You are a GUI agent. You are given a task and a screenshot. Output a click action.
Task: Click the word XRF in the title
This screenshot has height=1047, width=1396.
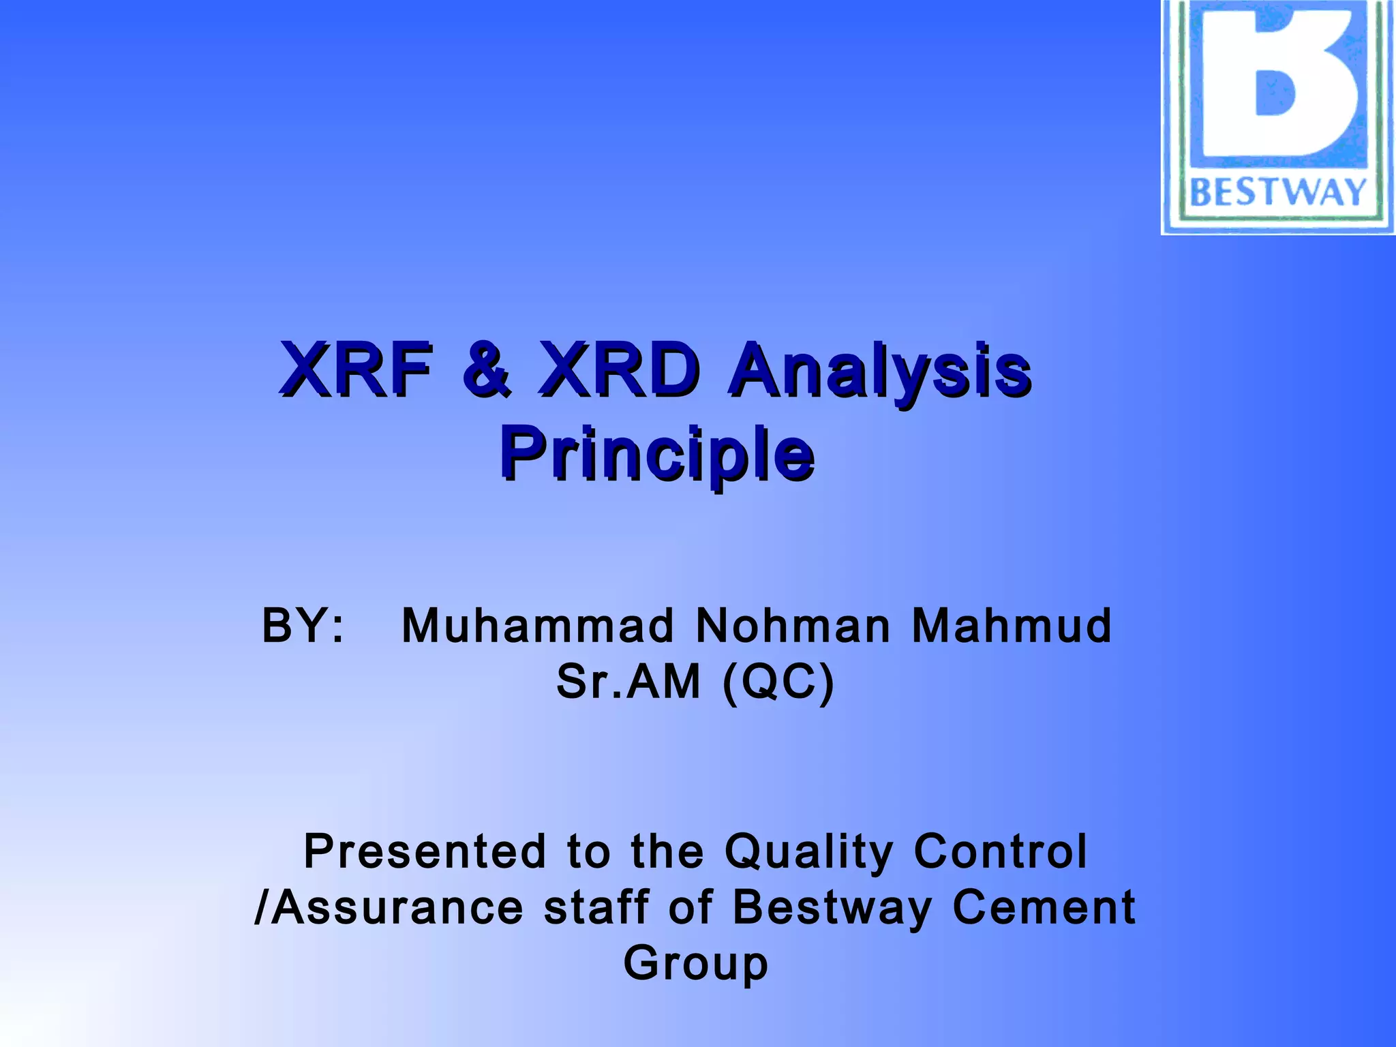356,370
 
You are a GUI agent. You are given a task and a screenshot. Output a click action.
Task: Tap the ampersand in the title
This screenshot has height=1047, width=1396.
486,370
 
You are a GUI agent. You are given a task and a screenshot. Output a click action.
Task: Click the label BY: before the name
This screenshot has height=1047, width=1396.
303,626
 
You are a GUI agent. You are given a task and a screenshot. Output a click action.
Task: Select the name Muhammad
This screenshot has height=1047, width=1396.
538,626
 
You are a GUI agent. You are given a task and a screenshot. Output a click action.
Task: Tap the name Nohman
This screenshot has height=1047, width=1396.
793,626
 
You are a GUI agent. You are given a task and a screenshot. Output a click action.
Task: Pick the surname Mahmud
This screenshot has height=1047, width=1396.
1012,626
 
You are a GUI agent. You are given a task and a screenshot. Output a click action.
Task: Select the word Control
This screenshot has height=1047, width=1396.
1000,851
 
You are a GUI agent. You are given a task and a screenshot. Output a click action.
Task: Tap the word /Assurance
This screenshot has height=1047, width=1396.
389,907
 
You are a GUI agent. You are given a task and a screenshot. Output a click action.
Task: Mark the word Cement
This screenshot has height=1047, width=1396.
1044,907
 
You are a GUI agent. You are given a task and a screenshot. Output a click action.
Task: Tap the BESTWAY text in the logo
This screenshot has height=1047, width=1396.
1278,192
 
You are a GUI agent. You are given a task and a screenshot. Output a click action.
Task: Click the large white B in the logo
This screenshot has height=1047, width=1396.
1281,89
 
